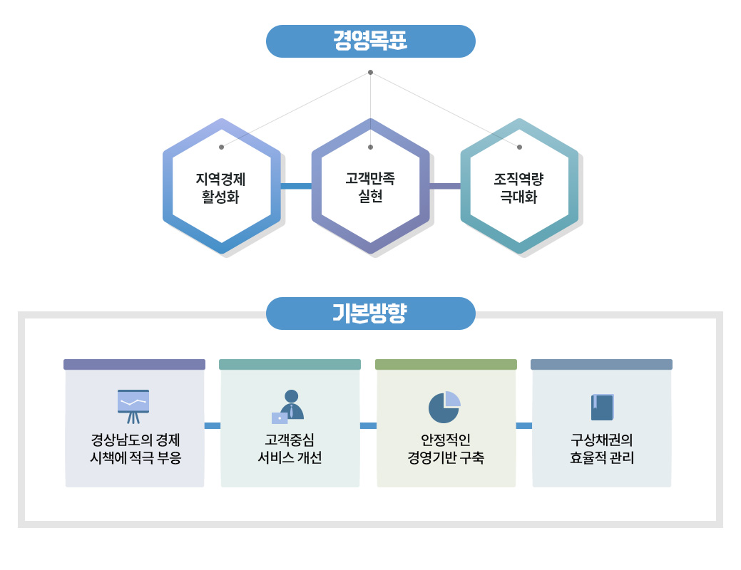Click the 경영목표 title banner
[x=370, y=41]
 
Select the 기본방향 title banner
[x=370, y=313]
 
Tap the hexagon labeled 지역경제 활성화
[x=221, y=187]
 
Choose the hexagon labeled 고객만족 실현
[x=370, y=187]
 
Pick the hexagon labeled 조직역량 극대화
[x=519, y=187]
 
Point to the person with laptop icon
[x=289, y=406]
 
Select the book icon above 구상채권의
[x=602, y=407]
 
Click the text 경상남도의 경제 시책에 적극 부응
[x=135, y=448]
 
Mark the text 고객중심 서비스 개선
[x=290, y=448]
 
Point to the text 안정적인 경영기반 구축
[x=446, y=448]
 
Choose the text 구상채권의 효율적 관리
[x=602, y=448]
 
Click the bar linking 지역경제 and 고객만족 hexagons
[x=296, y=187]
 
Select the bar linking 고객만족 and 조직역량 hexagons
[x=445, y=187]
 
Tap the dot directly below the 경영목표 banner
[x=370, y=72]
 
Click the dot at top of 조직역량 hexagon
[x=519, y=147]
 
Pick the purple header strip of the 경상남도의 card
[x=134, y=364]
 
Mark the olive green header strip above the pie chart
[x=446, y=364]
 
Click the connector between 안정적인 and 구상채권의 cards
[x=524, y=425]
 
